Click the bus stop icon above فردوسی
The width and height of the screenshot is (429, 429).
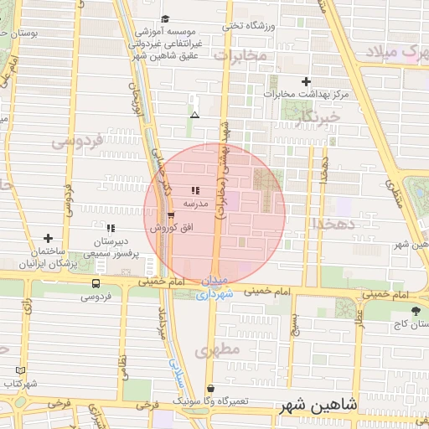click(x=96, y=284)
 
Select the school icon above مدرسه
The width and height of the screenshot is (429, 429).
click(x=195, y=191)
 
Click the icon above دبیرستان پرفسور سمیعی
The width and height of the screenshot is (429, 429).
click(x=111, y=227)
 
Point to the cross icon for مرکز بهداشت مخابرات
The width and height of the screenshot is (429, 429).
click(x=306, y=82)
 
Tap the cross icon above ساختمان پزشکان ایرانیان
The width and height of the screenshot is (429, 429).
click(x=48, y=239)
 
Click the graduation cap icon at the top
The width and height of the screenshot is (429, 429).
click(x=165, y=18)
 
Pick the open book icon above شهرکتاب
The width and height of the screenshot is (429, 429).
click(x=21, y=370)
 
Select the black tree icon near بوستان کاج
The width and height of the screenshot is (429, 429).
click(x=416, y=311)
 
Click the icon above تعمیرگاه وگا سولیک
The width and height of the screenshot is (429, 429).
click(x=210, y=389)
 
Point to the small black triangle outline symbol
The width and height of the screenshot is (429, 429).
click(x=195, y=115)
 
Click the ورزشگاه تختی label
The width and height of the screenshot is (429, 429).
click(x=249, y=25)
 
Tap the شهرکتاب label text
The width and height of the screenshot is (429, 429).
click(x=20, y=383)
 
